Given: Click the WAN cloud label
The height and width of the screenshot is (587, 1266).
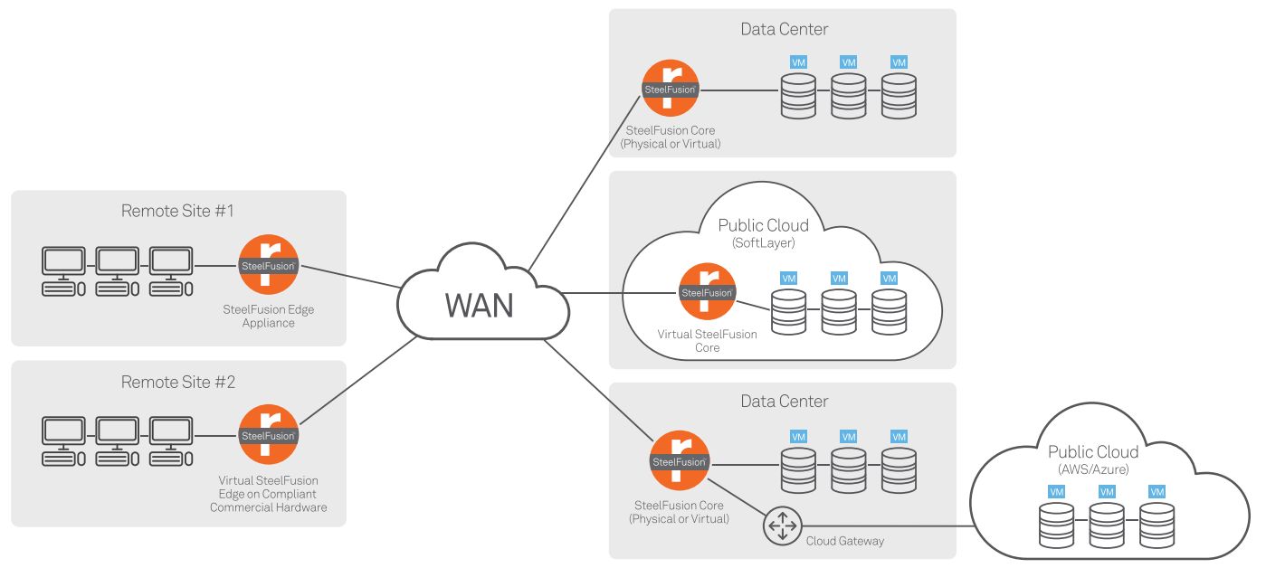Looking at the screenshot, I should [x=479, y=306].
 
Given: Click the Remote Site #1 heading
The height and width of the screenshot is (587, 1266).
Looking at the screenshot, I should [x=177, y=211].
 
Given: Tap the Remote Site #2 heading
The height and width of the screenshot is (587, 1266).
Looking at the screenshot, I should [x=177, y=382].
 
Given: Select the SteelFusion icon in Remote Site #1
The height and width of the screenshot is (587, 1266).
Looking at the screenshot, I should [x=269, y=265].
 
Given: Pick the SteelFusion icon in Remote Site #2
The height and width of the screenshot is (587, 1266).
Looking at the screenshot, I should [x=268, y=435].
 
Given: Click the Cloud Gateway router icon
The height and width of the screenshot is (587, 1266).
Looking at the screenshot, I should [x=782, y=526].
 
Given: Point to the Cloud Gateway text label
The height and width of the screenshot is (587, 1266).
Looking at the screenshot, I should [x=844, y=541].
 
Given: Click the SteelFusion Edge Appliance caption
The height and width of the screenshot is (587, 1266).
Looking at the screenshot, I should [x=268, y=316].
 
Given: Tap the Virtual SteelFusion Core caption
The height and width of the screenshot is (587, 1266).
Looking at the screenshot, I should [x=707, y=340].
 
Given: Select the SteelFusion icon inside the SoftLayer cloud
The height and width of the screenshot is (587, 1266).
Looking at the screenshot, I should [x=707, y=292].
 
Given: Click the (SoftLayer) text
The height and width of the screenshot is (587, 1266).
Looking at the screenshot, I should [x=762, y=242].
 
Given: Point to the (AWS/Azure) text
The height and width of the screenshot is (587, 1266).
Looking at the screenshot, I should [x=1092, y=469].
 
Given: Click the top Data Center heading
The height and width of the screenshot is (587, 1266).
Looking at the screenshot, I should [x=784, y=29].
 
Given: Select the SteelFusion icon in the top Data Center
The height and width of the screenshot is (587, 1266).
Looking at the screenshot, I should [x=671, y=90].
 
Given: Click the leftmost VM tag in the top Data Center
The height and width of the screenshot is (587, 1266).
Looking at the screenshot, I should [x=798, y=62].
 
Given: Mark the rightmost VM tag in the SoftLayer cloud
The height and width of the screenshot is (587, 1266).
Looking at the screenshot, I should [x=889, y=278].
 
